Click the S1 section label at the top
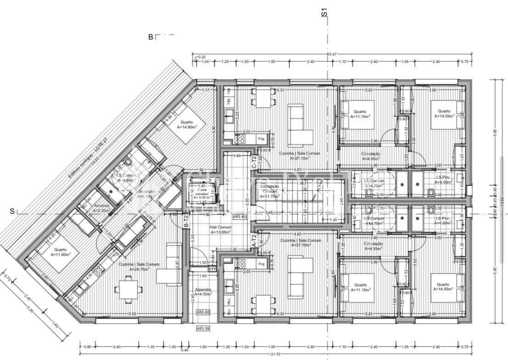click(324, 12)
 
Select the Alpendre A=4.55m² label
click(203, 292)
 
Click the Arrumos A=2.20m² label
click(101, 208)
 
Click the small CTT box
click(212, 270)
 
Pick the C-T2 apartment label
click(254, 161)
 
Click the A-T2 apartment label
click(254, 240)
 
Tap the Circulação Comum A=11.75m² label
click(269, 191)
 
